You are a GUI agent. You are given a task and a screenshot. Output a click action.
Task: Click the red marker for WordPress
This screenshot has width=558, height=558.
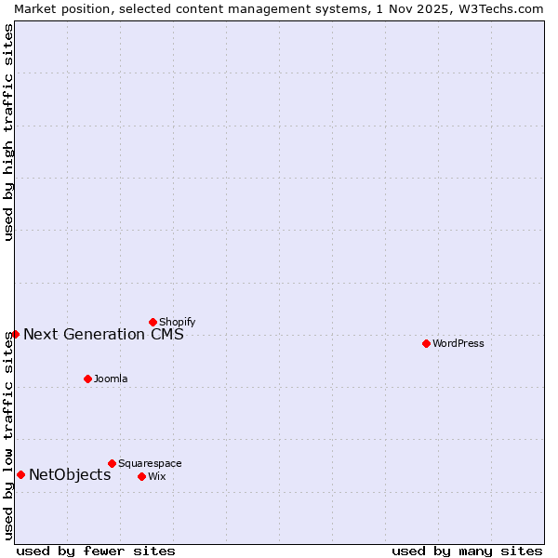click(x=426, y=343)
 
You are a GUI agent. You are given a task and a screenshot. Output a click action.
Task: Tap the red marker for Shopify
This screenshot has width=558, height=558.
click(x=153, y=322)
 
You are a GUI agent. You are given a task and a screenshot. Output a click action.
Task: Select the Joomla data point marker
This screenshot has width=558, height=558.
click(x=87, y=379)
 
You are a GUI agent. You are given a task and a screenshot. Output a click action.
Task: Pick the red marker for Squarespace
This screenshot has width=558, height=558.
click(x=112, y=463)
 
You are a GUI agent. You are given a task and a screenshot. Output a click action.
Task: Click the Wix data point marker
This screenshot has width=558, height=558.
click(x=141, y=476)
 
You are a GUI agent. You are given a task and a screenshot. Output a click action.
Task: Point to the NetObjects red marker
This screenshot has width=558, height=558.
click(x=20, y=474)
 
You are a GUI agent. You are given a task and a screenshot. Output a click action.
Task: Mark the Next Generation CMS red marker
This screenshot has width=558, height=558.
click(x=15, y=334)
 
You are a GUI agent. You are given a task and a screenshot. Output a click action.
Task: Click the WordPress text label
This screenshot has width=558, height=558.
click(x=458, y=343)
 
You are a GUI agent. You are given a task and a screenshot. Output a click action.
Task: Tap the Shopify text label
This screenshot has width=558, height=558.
click(x=177, y=322)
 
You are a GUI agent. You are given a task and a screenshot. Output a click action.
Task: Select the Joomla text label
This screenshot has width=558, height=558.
click(x=111, y=379)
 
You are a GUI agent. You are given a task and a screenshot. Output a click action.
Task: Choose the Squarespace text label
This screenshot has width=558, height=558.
click(x=150, y=463)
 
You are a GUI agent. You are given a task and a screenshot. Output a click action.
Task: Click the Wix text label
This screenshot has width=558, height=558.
click(x=157, y=476)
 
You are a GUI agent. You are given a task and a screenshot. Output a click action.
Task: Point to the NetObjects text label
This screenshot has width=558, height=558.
click(x=70, y=474)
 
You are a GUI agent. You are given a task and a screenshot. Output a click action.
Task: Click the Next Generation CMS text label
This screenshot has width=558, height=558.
click(x=103, y=334)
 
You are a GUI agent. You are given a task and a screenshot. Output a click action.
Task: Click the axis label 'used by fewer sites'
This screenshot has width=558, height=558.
click(x=96, y=551)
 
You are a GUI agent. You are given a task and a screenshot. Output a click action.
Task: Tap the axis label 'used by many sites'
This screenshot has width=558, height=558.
click(x=467, y=551)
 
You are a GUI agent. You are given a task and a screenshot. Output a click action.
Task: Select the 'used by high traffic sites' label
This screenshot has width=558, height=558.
click(x=8, y=132)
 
